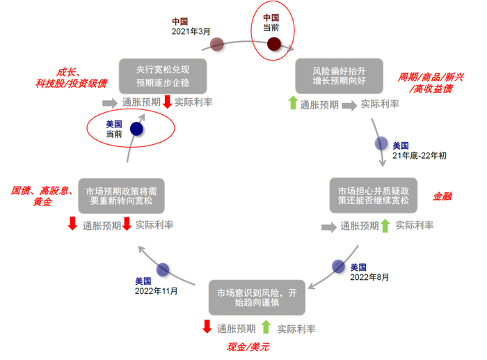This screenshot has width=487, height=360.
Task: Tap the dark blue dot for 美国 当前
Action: click(x=136, y=128)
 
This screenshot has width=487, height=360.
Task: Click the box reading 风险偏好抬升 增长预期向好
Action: click(x=339, y=76)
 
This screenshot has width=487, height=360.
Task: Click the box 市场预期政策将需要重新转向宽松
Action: click(x=122, y=197)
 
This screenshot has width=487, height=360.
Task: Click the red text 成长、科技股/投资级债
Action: click(x=72, y=78)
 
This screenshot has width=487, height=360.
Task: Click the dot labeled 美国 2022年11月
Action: click(x=163, y=269)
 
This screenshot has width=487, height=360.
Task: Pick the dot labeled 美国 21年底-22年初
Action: click(x=381, y=143)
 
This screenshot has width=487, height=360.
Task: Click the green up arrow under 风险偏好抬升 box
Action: click(x=292, y=104)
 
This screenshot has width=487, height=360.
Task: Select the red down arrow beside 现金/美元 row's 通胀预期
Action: click(x=207, y=326)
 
